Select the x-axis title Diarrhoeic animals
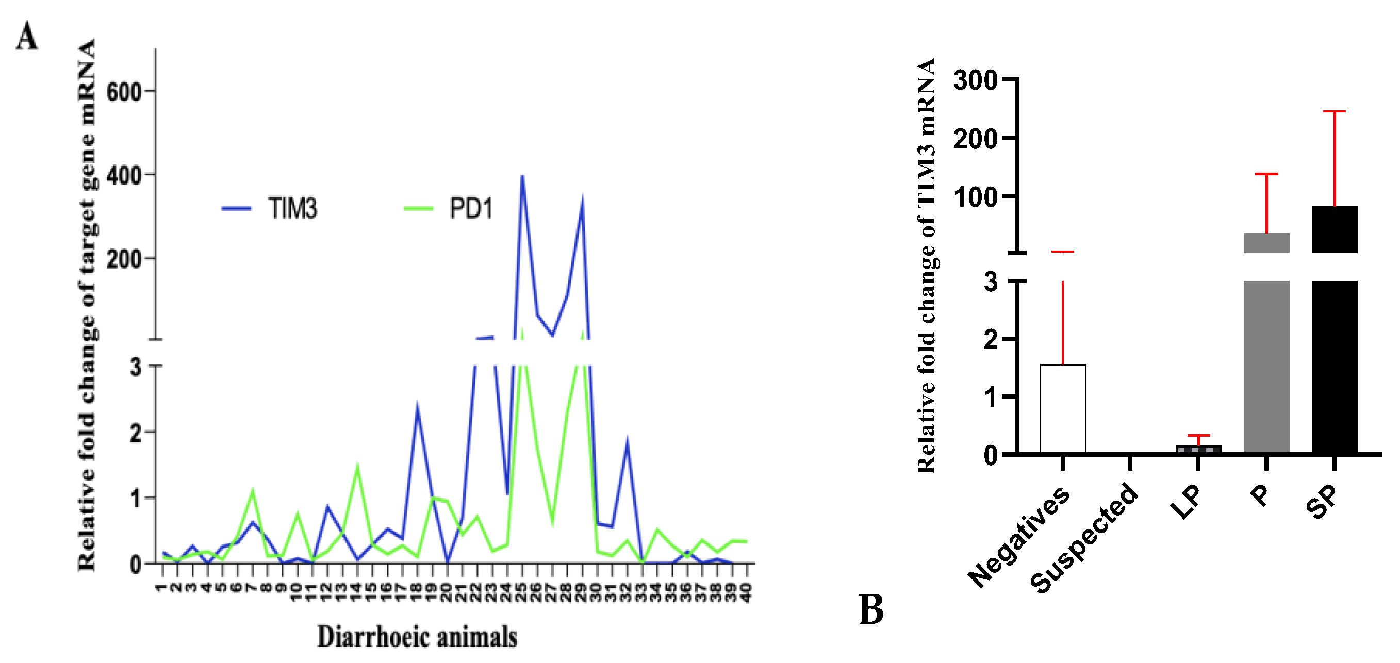417,637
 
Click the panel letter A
27,37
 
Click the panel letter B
870,609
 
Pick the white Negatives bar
1062,409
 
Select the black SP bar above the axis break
1334,229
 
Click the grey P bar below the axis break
1266,367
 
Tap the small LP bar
1198,450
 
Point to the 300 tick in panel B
976,80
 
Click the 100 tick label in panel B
976,197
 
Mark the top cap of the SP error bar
1334,111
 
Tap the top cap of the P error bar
1266,174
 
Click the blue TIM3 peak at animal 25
522,176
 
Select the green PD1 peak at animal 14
357,465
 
